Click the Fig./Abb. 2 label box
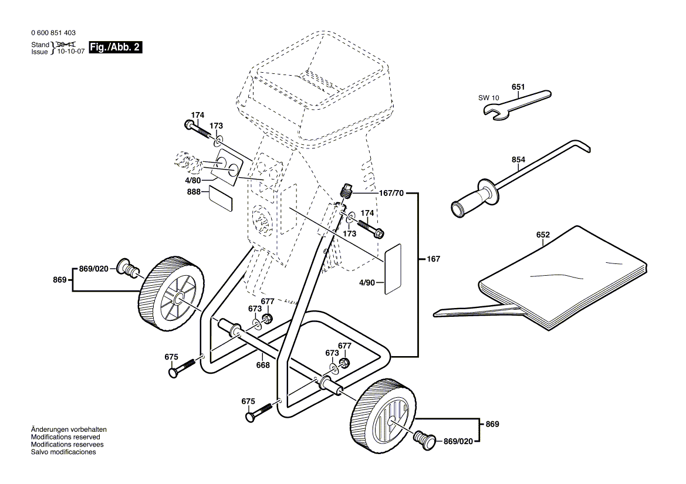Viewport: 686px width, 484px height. [x=116, y=47]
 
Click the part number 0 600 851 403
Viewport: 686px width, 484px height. [x=52, y=33]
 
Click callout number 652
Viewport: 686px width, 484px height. [x=543, y=235]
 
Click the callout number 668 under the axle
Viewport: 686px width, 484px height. [x=263, y=365]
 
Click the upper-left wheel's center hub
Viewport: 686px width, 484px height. [x=177, y=298]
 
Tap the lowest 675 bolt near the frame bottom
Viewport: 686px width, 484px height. [x=258, y=413]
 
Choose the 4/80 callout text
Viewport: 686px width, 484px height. [x=194, y=180]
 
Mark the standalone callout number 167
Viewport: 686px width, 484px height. [x=433, y=259]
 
